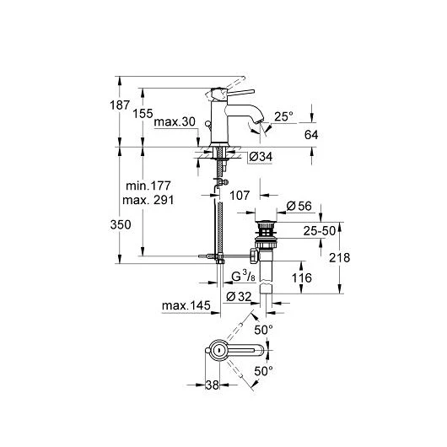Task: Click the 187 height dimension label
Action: coord(120,105)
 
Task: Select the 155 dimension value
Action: coord(143,114)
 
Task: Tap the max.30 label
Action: coord(175,122)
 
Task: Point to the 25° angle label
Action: coord(283,116)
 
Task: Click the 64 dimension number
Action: coord(311,135)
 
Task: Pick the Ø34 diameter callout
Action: coord(261,157)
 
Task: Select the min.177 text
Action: coord(148,186)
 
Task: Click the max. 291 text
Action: coord(148,200)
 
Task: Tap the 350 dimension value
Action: coord(121,225)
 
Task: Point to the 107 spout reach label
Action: coord(240,196)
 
